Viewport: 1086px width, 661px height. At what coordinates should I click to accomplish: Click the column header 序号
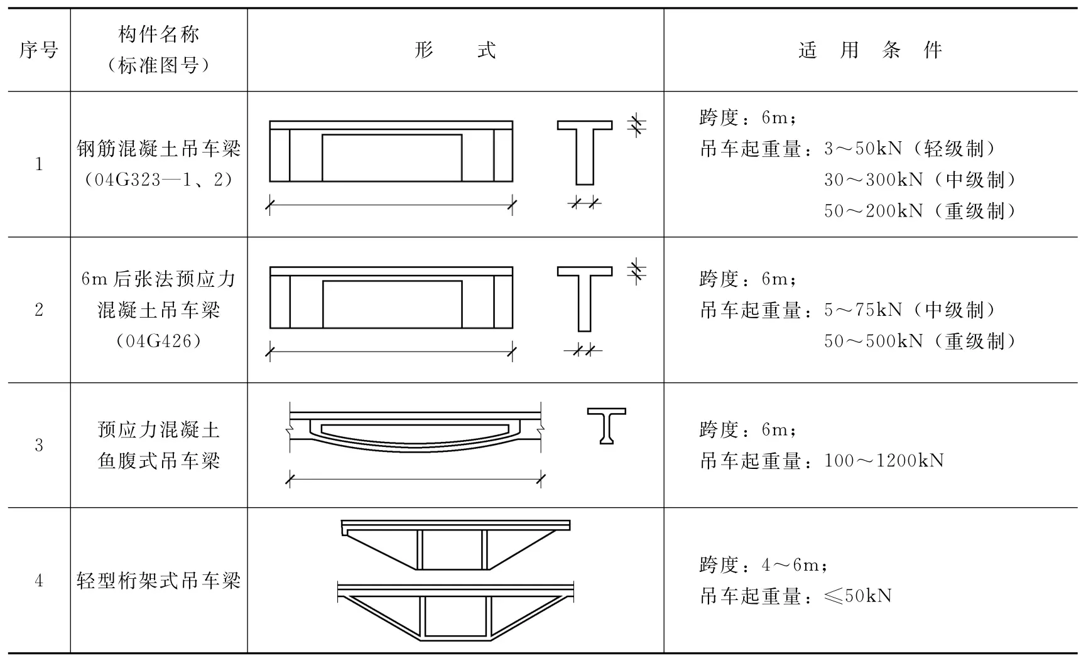[x=38, y=50]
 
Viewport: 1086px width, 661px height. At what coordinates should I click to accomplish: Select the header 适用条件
[x=870, y=50]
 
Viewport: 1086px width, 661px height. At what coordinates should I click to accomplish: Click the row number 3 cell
[x=39, y=446]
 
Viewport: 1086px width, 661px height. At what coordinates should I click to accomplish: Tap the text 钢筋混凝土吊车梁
[x=159, y=149]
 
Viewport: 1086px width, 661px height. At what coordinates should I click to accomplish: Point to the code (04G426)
[x=159, y=341]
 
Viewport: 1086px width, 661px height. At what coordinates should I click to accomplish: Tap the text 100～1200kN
[x=884, y=461]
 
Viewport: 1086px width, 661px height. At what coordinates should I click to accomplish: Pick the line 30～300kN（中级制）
[x=920, y=180]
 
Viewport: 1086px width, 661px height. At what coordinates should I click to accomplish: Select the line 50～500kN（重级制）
[x=920, y=341]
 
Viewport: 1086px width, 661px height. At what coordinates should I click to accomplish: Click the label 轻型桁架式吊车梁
[x=159, y=581]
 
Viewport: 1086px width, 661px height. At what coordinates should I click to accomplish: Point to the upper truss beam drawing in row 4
[x=455, y=545]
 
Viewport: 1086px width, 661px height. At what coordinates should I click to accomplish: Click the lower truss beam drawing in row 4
[x=455, y=613]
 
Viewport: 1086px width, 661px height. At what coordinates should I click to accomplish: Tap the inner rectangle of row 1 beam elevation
[x=392, y=158]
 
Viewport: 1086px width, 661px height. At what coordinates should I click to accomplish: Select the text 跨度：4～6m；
[x=764, y=565]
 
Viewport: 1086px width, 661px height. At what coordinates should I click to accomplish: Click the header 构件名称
[x=159, y=34]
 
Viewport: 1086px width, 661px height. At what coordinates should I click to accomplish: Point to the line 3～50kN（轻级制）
[x=910, y=149]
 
